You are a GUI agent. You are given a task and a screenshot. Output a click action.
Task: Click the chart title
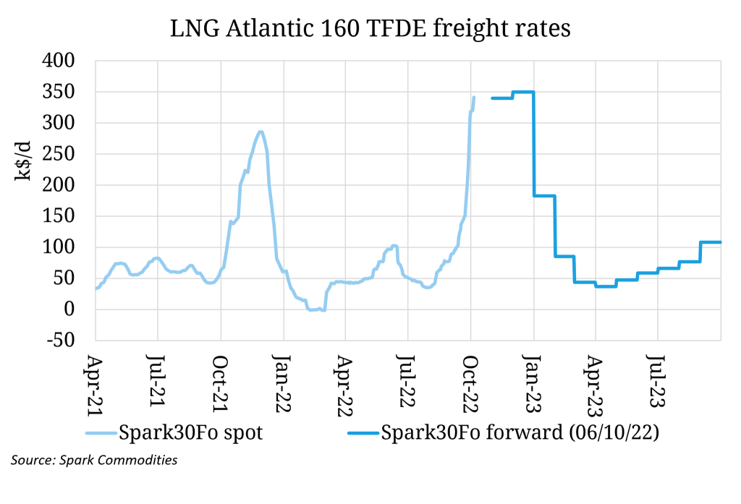(370, 29)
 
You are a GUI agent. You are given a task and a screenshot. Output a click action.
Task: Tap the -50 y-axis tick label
(64, 341)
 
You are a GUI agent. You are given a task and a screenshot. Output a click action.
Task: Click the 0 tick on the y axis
(81, 309)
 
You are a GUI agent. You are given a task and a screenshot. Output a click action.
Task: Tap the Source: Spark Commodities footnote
(95, 460)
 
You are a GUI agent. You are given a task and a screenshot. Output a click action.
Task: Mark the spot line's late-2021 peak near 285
(261, 132)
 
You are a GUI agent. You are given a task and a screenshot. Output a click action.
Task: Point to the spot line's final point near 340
(474, 98)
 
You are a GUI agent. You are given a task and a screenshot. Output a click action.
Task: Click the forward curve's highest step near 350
(522, 92)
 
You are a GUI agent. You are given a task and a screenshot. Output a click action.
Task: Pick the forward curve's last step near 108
(711, 242)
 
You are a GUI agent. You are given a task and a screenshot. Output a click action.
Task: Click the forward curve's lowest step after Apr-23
(606, 286)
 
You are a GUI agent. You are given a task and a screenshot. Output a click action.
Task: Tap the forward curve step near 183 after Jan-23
(544, 196)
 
